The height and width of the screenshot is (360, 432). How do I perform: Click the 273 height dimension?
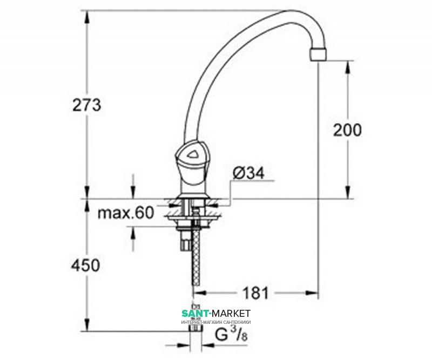87,105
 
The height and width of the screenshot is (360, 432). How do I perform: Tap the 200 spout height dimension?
347,130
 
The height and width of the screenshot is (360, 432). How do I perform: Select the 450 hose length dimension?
86,266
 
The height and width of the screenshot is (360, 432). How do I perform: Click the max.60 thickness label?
126,213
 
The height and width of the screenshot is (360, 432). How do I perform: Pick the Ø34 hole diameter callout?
248,173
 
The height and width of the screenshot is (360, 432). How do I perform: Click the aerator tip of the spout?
319,55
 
